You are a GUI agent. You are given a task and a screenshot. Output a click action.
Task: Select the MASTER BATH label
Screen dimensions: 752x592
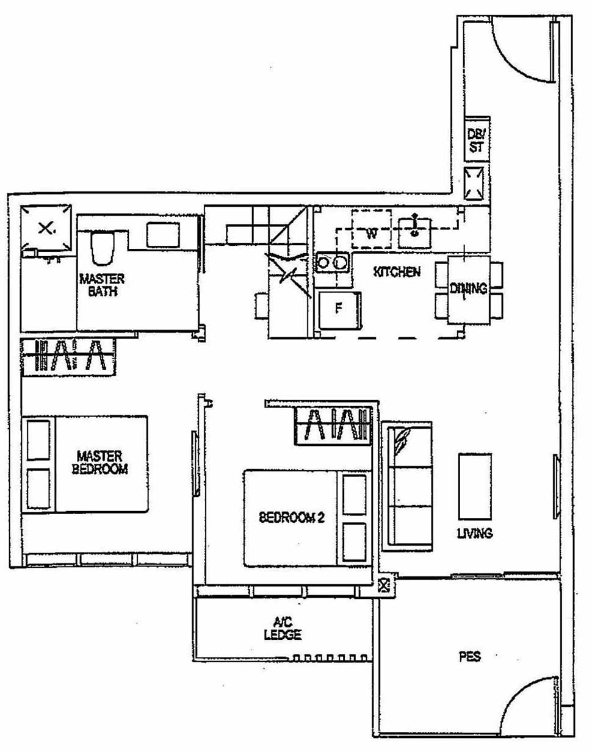[101, 285]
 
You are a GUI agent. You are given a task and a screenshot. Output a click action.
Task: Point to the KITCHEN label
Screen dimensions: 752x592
[397, 271]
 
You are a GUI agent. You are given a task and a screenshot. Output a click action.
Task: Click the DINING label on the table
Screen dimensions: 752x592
[468, 288]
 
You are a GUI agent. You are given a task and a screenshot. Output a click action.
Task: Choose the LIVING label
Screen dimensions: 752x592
[474, 533]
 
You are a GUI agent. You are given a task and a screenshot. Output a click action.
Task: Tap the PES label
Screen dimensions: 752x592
[469, 657]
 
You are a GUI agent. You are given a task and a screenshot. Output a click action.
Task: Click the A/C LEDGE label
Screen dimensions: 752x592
[283, 628]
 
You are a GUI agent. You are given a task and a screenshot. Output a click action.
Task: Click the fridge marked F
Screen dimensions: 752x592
[339, 309]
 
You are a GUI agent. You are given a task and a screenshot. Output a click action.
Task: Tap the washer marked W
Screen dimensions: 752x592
[371, 230]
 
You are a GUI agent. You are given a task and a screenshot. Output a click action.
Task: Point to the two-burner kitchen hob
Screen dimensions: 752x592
[332, 263]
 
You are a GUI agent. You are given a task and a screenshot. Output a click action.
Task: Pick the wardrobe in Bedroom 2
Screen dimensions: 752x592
[333, 425]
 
